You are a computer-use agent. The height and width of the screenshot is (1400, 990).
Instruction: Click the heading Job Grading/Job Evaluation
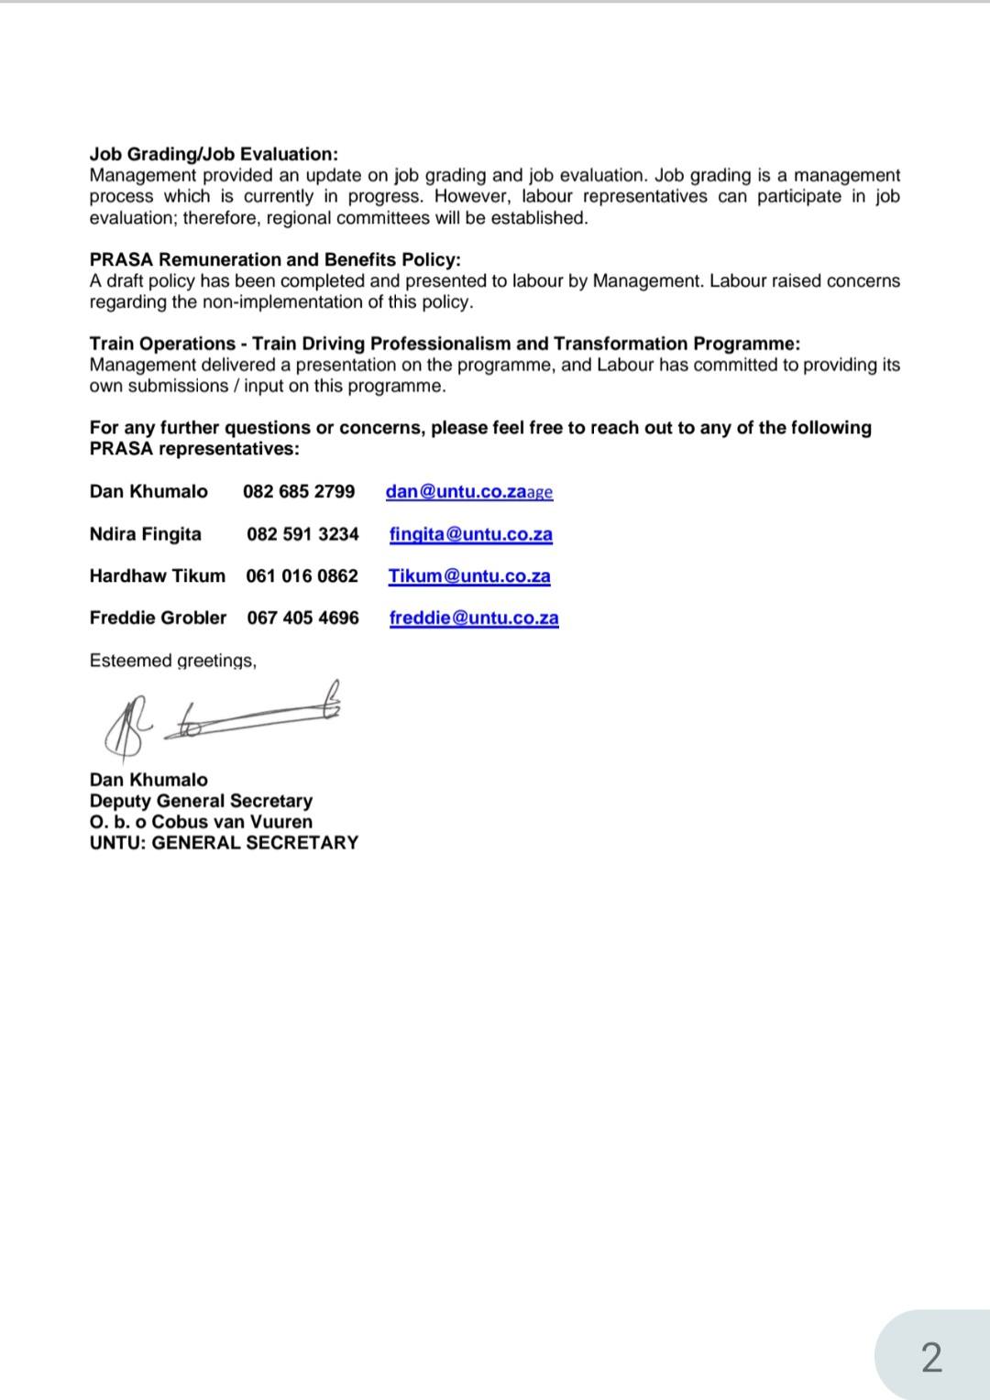214,154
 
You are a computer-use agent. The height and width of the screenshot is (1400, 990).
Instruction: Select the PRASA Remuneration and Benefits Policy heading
275,259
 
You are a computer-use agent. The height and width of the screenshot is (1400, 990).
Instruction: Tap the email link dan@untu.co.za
456,491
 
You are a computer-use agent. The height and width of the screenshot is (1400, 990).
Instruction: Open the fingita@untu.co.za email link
470,534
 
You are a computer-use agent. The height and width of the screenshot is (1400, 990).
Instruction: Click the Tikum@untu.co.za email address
469,576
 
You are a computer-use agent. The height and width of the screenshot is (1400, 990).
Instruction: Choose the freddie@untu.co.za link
474,618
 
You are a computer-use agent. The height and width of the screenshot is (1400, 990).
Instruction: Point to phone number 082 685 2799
299,491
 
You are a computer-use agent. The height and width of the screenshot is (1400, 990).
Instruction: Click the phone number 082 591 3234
302,534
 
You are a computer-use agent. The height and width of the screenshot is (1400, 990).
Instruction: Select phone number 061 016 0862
302,576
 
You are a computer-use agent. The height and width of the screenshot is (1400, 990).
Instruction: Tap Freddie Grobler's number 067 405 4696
302,618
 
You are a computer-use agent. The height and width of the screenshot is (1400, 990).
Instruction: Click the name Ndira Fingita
145,534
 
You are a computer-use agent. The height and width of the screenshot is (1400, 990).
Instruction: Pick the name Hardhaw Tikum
157,576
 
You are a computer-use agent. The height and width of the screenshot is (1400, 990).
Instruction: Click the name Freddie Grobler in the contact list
158,618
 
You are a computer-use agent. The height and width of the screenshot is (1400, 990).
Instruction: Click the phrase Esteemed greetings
172,661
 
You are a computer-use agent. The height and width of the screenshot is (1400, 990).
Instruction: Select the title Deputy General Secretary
201,801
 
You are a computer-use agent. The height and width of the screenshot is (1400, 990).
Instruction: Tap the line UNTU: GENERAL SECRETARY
224,843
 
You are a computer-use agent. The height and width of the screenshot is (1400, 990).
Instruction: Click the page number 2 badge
931,1357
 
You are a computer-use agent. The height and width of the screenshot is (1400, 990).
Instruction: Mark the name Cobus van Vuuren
232,822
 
